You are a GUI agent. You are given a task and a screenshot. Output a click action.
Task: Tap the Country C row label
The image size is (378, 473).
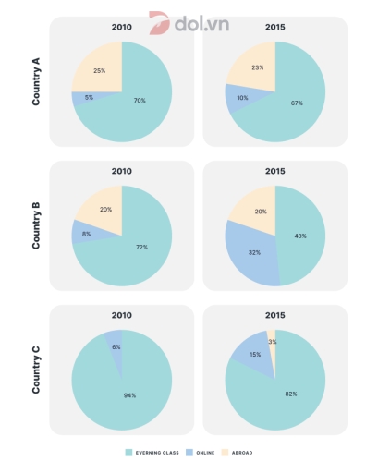click(36, 370)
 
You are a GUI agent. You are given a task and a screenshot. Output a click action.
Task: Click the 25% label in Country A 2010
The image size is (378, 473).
click(98, 70)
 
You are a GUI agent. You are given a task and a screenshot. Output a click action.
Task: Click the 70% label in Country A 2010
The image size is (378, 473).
click(139, 100)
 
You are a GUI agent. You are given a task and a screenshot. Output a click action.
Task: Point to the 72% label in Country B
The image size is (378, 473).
click(140, 248)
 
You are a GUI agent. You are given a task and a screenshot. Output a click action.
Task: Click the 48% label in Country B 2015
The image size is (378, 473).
click(300, 236)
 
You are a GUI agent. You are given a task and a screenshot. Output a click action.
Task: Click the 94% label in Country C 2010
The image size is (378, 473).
click(129, 394)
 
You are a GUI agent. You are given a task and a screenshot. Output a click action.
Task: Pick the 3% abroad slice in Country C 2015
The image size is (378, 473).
click(271, 342)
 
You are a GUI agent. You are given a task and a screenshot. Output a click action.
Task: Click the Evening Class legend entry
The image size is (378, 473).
click(150, 453)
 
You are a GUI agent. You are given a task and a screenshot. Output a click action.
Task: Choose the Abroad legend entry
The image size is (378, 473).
click(238, 453)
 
